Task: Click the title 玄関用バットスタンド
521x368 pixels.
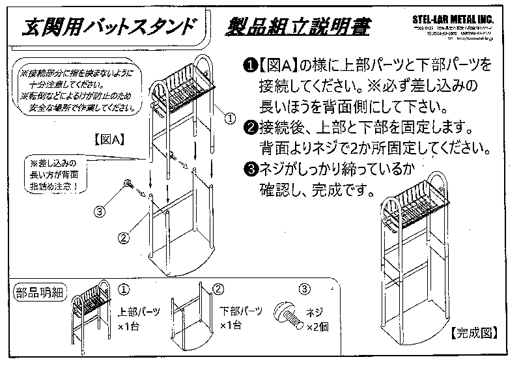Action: (108, 27)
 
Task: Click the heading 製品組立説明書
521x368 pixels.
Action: (297, 27)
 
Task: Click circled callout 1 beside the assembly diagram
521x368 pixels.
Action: (229, 119)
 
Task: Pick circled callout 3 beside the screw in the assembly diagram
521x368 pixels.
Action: (99, 211)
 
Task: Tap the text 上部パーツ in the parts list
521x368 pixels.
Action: (139, 311)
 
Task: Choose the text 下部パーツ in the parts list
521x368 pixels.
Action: (240, 311)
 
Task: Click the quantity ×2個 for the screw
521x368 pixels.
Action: (317, 326)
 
